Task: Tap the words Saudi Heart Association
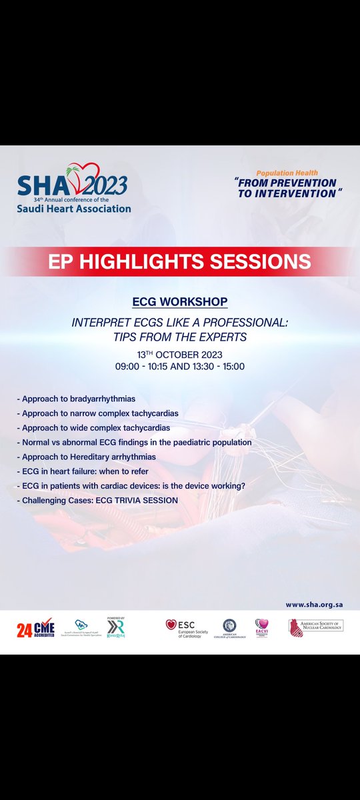pyautogui.click(x=74, y=208)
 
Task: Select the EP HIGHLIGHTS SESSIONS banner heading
pyautogui.click(x=180, y=261)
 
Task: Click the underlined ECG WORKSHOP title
pyautogui.click(x=180, y=302)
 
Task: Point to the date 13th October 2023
pyautogui.click(x=180, y=353)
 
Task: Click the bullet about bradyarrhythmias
pyautogui.click(x=79, y=399)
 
